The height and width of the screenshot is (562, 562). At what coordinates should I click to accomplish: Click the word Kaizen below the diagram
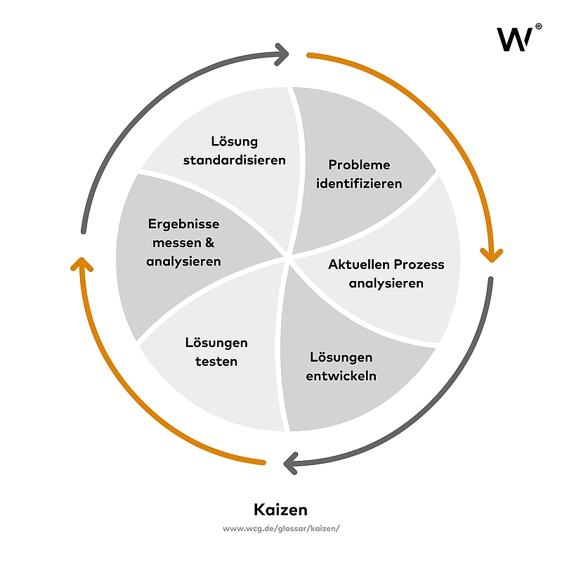pos(280,509)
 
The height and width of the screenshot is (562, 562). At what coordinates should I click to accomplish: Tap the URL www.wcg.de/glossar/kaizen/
pos(281,528)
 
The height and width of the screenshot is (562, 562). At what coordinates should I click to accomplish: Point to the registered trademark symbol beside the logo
pos(538,26)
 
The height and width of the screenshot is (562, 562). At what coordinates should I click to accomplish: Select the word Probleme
pos(359,165)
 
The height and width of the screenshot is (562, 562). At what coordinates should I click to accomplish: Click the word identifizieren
pos(359,183)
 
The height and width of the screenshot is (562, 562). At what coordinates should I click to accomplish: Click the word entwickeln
pos(341,376)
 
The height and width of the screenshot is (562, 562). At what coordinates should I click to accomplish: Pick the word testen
pos(217,362)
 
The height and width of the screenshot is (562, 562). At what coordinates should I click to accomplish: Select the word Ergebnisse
pos(184,224)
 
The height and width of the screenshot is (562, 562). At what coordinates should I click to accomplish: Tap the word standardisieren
pos(235,159)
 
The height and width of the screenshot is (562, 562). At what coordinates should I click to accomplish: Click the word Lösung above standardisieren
pos(235,141)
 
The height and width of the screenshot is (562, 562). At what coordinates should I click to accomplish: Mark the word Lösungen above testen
pos(217,343)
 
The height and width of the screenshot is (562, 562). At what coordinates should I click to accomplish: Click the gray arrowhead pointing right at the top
pos(282,51)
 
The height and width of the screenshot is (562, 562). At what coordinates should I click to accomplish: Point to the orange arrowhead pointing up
pos(82,264)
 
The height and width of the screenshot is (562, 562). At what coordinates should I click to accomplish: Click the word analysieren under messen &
pos(184,261)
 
